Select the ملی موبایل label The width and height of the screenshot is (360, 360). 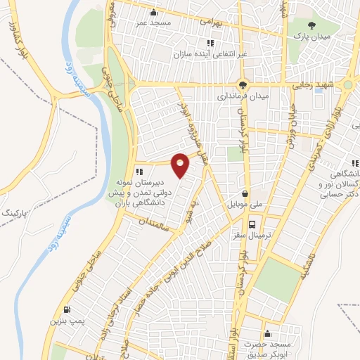coord(244,205)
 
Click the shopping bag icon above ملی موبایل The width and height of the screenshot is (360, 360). coord(244,193)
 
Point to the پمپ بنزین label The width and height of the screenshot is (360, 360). coord(65,321)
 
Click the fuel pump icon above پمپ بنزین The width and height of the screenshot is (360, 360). coord(66,309)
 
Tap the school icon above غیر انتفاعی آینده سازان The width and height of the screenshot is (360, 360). coord(210,44)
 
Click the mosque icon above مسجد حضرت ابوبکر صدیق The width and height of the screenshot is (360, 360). coord(266,333)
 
